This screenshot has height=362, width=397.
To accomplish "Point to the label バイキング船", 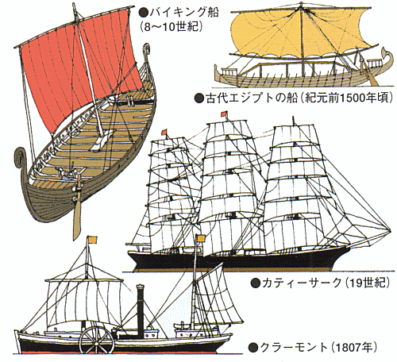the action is (x=184, y=12).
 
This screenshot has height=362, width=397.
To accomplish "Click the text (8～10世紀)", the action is (x=172, y=26).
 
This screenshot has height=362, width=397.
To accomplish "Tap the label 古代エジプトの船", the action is (x=251, y=98).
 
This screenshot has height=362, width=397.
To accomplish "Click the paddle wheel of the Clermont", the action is (x=97, y=341).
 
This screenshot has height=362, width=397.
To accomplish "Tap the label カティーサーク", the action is (x=302, y=283).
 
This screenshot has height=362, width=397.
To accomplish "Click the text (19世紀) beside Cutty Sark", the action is (x=368, y=283).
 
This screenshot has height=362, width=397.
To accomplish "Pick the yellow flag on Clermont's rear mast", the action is (x=93, y=240).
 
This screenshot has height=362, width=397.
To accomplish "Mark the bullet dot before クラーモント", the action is (x=253, y=348).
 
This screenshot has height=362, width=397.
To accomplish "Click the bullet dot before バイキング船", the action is (x=144, y=12).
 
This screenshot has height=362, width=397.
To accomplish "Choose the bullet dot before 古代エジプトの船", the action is (x=198, y=98).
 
